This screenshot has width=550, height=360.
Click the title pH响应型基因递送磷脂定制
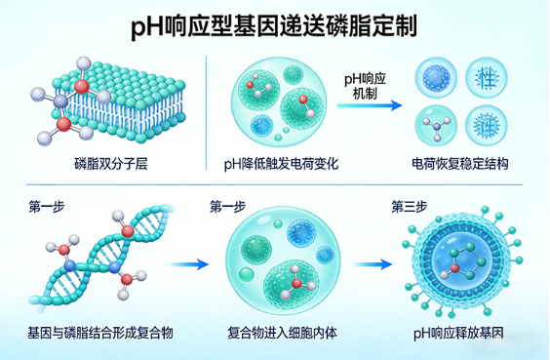click(274, 26)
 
